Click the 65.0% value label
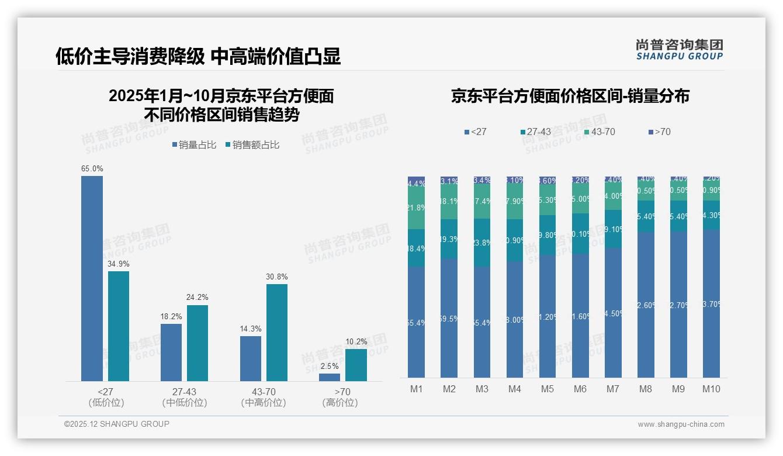point(92,169)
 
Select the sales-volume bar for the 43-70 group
point(250,358)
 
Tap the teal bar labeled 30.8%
point(276,332)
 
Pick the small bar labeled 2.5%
point(330,377)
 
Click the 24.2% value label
point(197,298)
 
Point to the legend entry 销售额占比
point(252,145)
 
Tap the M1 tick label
point(416,389)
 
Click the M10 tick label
point(711,389)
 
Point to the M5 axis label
point(547,389)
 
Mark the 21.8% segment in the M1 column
point(416,208)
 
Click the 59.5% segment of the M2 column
point(449,319)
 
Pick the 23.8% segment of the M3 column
point(481,243)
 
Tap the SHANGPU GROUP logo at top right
point(679,50)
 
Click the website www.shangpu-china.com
point(681,424)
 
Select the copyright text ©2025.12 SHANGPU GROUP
point(117,424)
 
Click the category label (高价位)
point(339,403)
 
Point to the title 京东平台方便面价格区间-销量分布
point(570,96)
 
